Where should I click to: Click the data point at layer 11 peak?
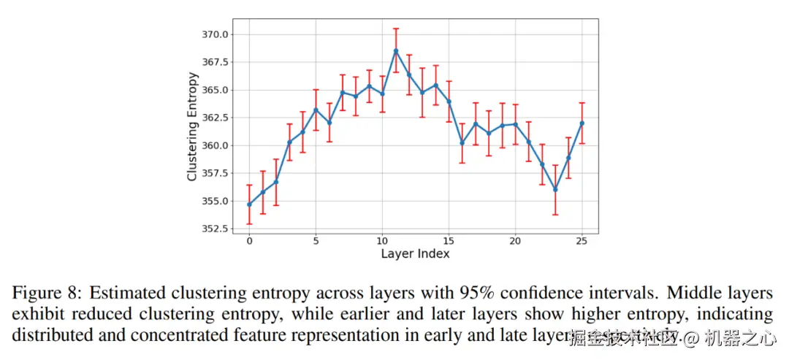coord(396,50)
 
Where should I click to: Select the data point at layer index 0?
coord(249,204)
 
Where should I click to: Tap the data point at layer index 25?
coord(582,123)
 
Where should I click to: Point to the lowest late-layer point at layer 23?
coord(555,189)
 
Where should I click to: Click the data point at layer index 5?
coord(316,110)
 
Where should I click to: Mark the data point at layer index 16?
coord(462,142)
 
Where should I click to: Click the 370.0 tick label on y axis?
coord(216,34)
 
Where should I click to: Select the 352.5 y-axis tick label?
coord(216,229)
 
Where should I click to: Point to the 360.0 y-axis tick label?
coord(216,145)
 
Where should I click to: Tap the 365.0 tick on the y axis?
coord(216,90)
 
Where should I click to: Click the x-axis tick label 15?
coord(449,241)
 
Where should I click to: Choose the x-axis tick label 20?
coord(515,241)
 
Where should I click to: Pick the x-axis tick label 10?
coord(382,241)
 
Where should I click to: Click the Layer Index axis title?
coord(415,254)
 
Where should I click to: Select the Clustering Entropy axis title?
coord(192,126)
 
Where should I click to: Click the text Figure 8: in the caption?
coord(47,294)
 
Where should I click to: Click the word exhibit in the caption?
coord(36,315)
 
